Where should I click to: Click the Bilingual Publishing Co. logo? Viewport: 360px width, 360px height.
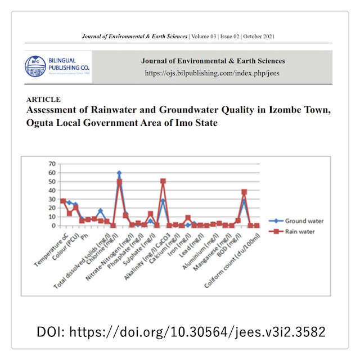[x=56, y=66]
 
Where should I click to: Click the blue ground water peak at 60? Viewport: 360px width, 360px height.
[x=119, y=173]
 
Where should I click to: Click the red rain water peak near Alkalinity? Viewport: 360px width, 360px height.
[x=163, y=181]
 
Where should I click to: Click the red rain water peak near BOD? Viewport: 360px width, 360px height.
[x=244, y=192]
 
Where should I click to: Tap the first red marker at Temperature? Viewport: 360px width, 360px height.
[x=63, y=201]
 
